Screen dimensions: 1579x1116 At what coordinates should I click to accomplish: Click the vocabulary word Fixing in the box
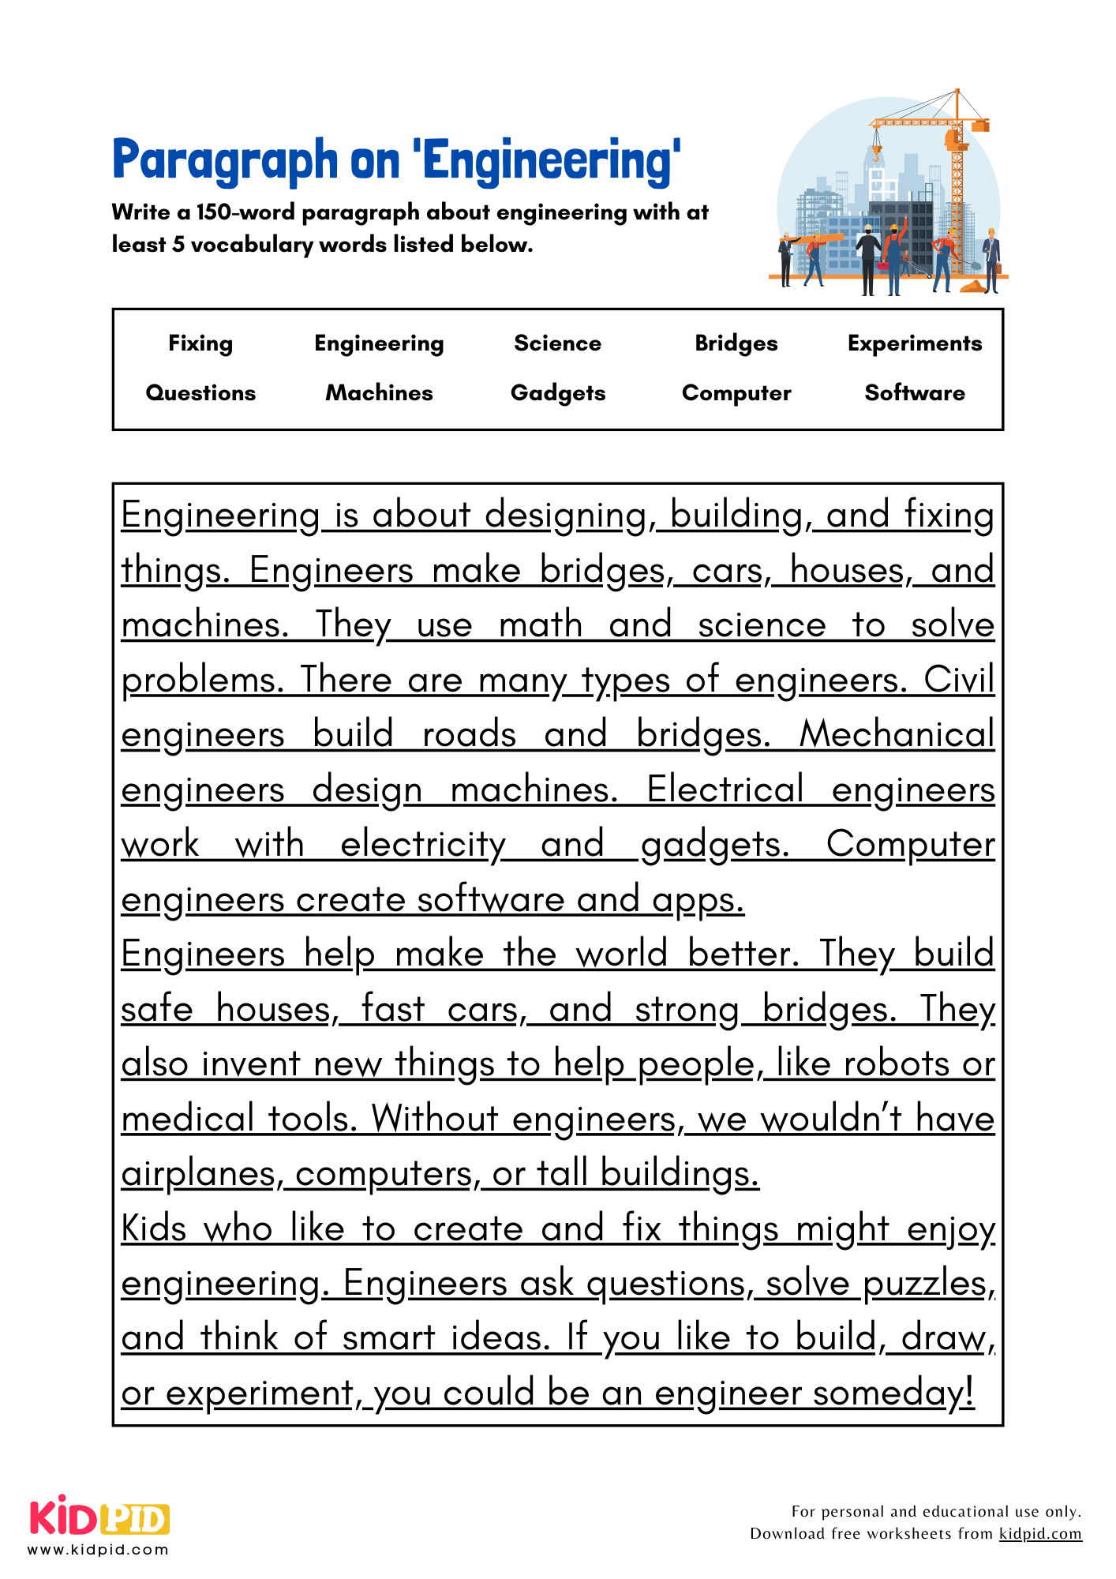[200, 343]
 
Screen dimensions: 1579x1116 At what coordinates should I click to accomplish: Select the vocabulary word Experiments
[914, 343]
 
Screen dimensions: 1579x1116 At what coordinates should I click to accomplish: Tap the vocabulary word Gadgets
[557, 393]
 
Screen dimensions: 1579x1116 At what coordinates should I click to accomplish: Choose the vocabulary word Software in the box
[914, 393]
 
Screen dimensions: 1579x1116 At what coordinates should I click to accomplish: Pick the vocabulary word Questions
[200, 393]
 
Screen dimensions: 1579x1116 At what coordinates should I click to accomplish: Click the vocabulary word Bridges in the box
[736, 343]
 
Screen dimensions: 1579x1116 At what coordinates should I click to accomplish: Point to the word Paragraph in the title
[225, 160]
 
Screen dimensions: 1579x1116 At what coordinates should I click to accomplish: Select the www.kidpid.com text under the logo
[99, 1550]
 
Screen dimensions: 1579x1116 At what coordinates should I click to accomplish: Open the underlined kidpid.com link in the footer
[1039, 1533]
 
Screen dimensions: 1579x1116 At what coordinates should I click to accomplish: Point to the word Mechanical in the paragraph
[896, 734]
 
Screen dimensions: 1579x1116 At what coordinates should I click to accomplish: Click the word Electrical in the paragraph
[725, 789]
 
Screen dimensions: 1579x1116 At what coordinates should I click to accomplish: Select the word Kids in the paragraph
[154, 1229]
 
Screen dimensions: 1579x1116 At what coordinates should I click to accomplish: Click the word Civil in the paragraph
[959, 680]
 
